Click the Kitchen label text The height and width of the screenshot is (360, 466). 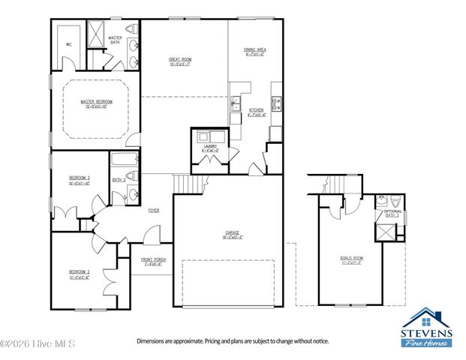click(256, 111)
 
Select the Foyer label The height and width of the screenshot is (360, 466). click(153, 211)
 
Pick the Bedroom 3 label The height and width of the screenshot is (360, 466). click(79, 178)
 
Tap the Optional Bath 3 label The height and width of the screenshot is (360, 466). click(392, 213)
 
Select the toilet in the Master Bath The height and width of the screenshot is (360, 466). click(133, 29)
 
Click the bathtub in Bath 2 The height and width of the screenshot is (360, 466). click(124, 158)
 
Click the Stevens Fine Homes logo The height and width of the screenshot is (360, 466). click(426, 327)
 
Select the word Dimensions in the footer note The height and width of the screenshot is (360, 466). click(152, 341)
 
